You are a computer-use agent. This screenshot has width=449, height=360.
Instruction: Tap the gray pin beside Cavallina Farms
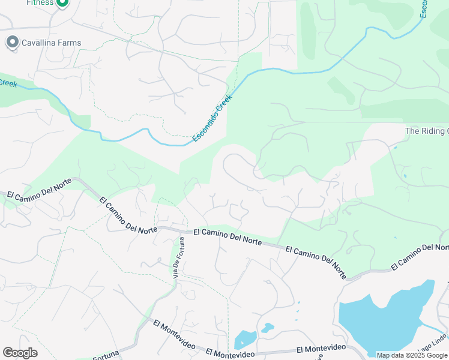click(x=12, y=43)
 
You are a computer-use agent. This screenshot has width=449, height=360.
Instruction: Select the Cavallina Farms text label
click(x=50, y=43)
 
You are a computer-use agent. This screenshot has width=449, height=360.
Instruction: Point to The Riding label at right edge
click(x=427, y=131)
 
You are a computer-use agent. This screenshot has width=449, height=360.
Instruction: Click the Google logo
click(x=20, y=353)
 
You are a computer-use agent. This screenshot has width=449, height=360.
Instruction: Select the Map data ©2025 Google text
click(x=412, y=355)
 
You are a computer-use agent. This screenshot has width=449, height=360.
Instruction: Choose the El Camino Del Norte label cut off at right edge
click(x=420, y=256)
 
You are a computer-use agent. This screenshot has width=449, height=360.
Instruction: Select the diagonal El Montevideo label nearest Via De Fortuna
click(x=176, y=334)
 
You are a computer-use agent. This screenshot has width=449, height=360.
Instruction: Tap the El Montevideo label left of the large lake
click(x=321, y=349)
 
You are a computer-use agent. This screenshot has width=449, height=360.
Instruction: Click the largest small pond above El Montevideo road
click(x=244, y=339)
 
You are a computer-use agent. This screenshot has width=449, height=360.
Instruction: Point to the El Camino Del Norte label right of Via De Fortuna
click(x=228, y=236)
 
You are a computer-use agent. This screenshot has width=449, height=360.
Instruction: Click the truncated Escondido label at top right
click(x=423, y=8)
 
